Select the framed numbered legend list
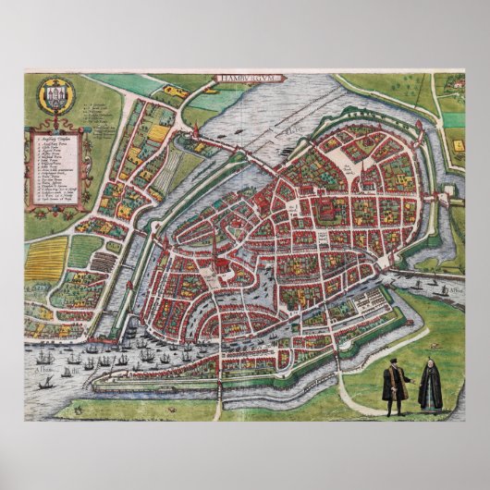(50, 167)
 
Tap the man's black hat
(391, 368)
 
